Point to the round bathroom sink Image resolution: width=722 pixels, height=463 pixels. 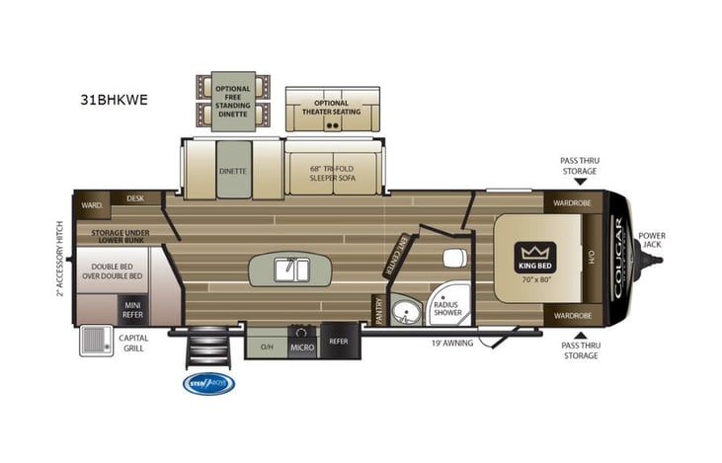click(x=404, y=315)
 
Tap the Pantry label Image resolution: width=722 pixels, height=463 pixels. click(x=376, y=311)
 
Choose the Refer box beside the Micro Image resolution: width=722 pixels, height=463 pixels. click(x=339, y=341)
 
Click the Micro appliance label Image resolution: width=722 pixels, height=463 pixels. click(x=301, y=346)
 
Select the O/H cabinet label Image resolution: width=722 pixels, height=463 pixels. click(x=267, y=347)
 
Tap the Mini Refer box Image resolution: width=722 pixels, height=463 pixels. click(x=133, y=309)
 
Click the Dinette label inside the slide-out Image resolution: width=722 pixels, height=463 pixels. click(x=233, y=170)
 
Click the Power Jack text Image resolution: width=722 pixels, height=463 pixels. click(x=652, y=240)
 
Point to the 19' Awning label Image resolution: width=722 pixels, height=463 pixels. click(x=451, y=343)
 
